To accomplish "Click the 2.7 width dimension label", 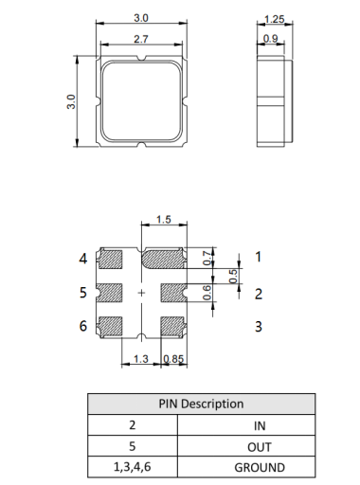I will pos(141,38).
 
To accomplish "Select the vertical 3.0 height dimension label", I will pos(71,100).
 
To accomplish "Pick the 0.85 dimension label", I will pos(173,359).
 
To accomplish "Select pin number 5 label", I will pos(83,293).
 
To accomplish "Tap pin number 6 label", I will pos(83,327).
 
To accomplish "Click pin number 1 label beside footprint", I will pos(258,258).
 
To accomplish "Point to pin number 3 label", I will pos(258,327).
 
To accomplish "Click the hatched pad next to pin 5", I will pos(112,292).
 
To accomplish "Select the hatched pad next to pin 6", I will pos(112,326).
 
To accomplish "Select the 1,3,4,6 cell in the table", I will pos(133,467).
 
